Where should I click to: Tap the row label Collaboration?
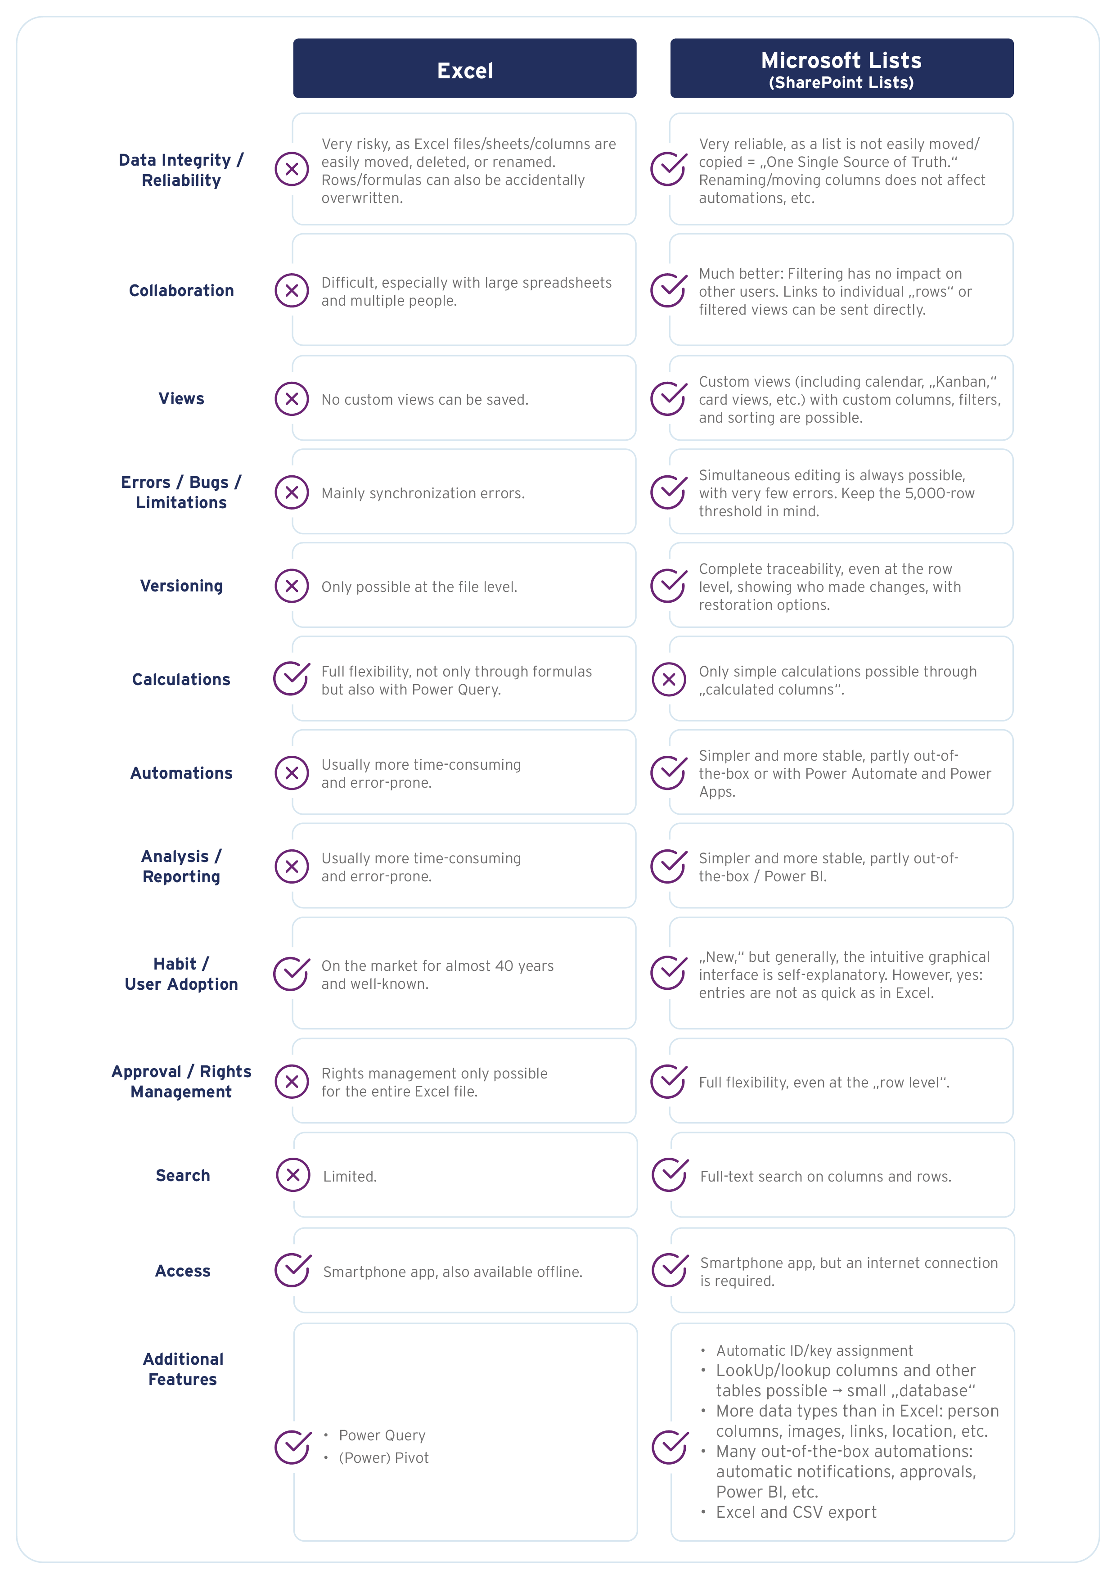point(181,291)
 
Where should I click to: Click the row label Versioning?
point(181,586)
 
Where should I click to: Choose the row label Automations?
point(181,773)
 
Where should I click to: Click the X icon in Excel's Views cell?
point(292,399)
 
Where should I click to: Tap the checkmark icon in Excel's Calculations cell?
point(292,679)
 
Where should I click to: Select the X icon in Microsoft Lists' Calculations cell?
point(669,680)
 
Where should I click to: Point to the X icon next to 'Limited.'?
point(293,1175)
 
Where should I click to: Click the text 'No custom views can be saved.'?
point(425,400)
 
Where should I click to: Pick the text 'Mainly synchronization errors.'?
point(423,493)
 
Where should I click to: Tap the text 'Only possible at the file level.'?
point(419,586)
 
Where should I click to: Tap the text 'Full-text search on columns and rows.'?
point(826,1177)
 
